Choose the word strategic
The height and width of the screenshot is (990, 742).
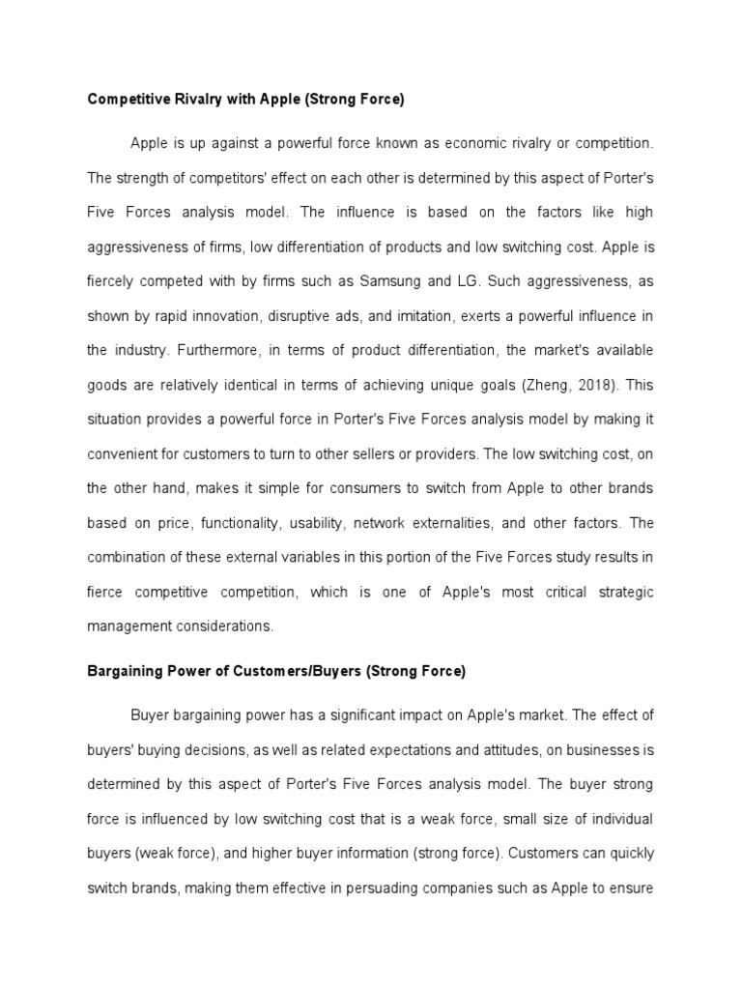[x=619, y=592]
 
